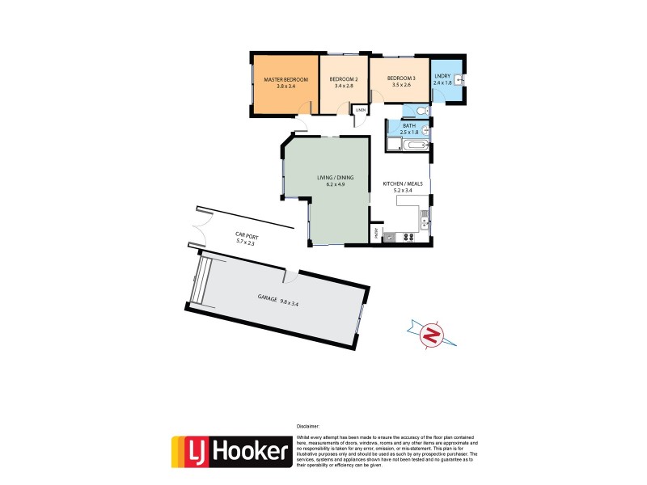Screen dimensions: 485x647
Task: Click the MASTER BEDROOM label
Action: coord(284,78)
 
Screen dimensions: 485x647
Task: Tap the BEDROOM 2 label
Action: coord(344,78)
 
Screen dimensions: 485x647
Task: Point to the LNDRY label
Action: coord(442,76)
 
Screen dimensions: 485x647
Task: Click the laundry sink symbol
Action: coord(458,79)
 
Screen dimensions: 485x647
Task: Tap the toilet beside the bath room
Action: coord(425,111)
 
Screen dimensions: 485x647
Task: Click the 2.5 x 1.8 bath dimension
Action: coord(409,132)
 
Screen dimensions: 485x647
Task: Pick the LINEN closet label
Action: coord(360,109)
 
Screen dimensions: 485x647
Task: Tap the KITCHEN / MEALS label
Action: coord(403,184)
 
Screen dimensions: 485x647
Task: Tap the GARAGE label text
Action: coord(268,298)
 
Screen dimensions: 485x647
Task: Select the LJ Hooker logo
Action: coord(231,451)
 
